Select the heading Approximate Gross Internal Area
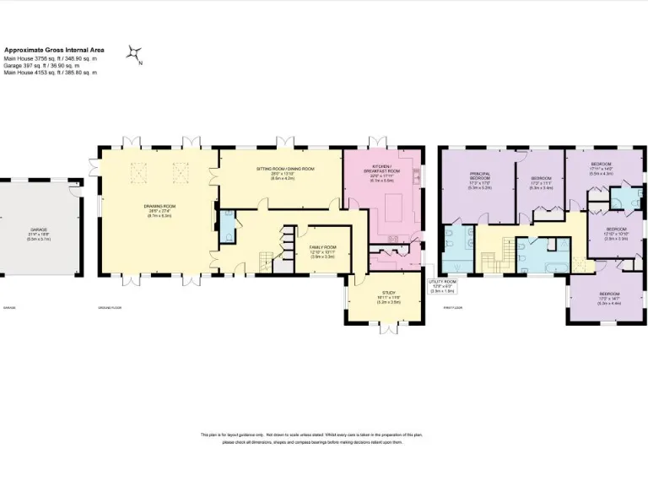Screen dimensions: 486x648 [x=55, y=50]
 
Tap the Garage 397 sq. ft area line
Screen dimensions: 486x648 [x=42, y=65]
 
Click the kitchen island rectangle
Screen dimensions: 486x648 [x=395, y=206]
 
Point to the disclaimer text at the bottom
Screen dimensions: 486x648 [x=312, y=438]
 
